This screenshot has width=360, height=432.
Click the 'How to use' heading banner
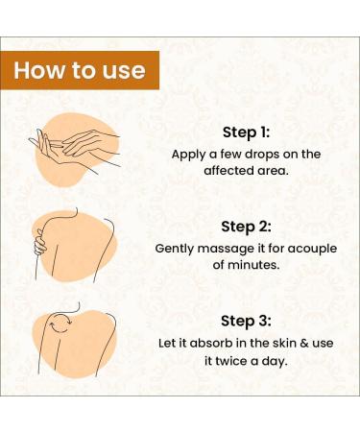[x=80, y=70]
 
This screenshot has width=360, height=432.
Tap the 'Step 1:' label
[x=247, y=132]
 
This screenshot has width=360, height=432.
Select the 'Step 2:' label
[x=246, y=227]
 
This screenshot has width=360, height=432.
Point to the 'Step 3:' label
[x=246, y=321]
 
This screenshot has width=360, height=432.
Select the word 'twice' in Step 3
[x=231, y=361]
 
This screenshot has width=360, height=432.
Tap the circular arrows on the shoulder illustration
[x=60, y=324]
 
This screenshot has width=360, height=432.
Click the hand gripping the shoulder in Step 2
[x=40, y=243]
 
